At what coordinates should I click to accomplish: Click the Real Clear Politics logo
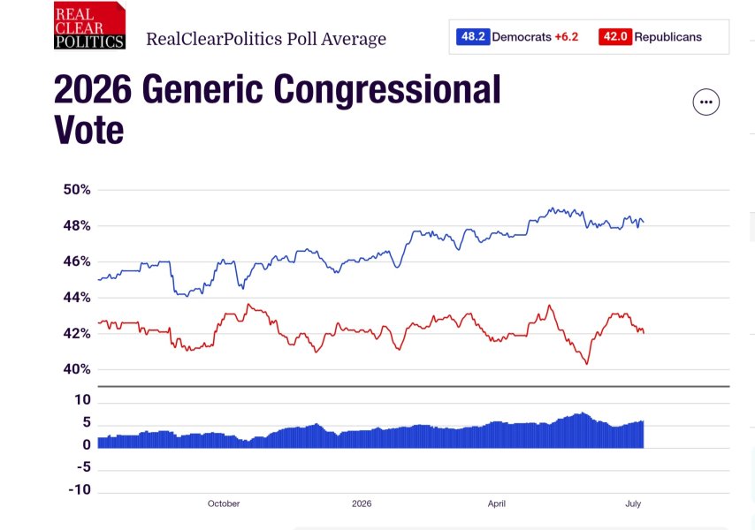[x=89, y=25]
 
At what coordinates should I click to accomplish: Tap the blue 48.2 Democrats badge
[x=473, y=36]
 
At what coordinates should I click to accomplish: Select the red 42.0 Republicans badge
[x=615, y=36]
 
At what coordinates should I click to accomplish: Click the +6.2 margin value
[x=566, y=37]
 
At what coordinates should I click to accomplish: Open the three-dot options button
[x=705, y=102]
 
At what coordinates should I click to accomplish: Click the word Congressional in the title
[x=387, y=90]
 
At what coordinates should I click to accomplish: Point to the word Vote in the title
[x=89, y=130]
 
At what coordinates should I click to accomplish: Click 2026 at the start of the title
[x=93, y=89]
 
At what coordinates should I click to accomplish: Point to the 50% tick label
[x=77, y=190]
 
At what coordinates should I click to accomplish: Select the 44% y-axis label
[x=77, y=298]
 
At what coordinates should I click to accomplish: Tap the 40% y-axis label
[x=77, y=369]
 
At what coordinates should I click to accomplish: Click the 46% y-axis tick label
[x=77, y=261]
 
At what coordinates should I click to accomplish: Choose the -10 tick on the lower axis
[x=80, y=489]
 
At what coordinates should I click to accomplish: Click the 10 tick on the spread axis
[x=83, y=399]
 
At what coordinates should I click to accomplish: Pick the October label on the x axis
[x=224, y=503]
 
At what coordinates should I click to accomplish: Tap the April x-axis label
[x=497, y=503]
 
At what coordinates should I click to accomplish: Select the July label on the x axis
[x=633, y=503]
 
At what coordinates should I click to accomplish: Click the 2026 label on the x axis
[x=362, y=503]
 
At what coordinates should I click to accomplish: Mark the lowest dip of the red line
[x=587, y=364]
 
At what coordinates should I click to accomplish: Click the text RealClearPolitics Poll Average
[x=266, y=39]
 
